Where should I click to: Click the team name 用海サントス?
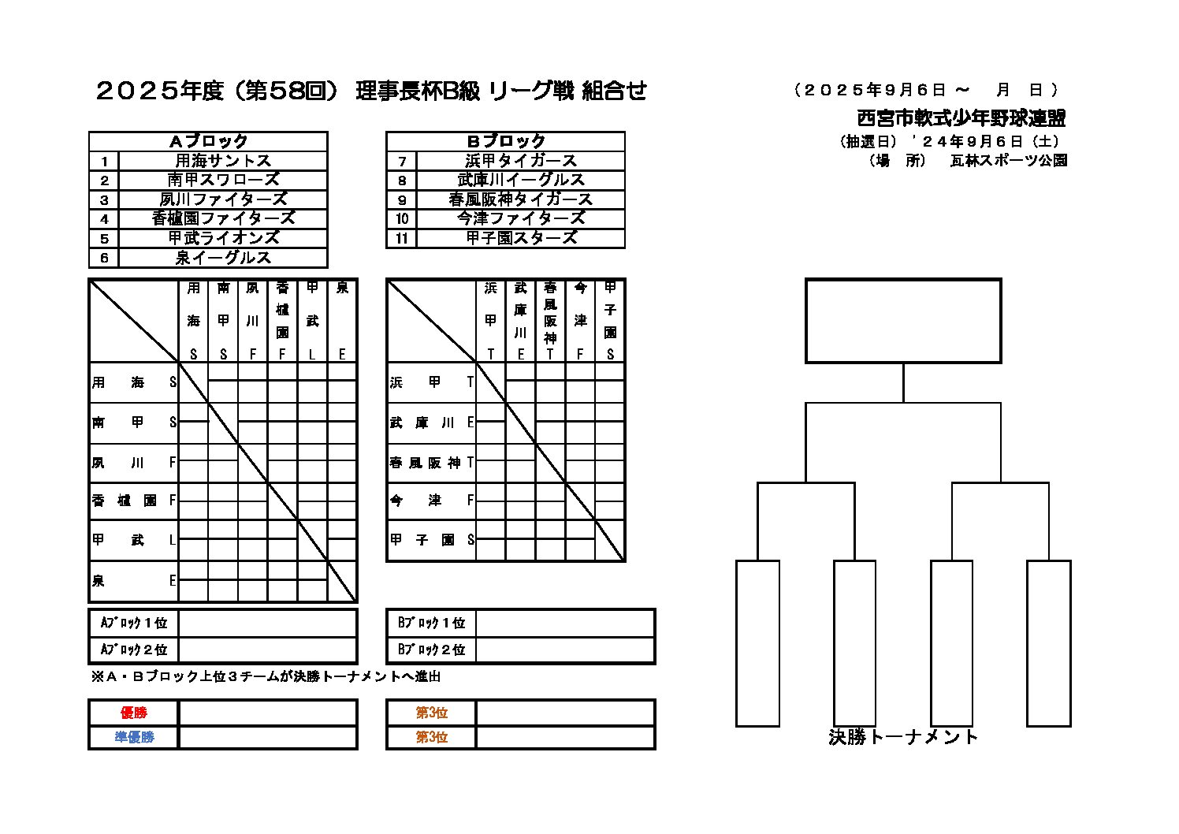pos(223,161)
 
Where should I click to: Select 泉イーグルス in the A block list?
pos(223,258)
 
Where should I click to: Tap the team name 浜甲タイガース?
pos(521,161)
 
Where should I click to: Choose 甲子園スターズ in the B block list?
pos(521,238)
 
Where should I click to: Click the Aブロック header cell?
pos(208,141)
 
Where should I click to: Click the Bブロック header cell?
pos(506,141)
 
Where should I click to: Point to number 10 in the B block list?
pos(402,219)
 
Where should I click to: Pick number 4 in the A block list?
pos(104,219)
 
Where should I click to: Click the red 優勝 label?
pos(134,713)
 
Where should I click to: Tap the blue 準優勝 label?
pos(134,737)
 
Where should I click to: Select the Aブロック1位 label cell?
pos(134,623)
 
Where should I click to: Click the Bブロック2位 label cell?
pos(432,650)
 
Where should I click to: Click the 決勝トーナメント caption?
pos(903,737)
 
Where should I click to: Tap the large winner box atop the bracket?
pos(903,321)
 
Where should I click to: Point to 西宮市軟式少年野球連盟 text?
pos(961,118)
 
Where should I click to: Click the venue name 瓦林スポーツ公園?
pos(1009,160)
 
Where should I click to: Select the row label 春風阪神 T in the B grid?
pos(432,463)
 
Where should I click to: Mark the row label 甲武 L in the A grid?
pos(134,541)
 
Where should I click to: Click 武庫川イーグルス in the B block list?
pos(521,180)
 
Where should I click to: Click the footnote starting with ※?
pos(266,676)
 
